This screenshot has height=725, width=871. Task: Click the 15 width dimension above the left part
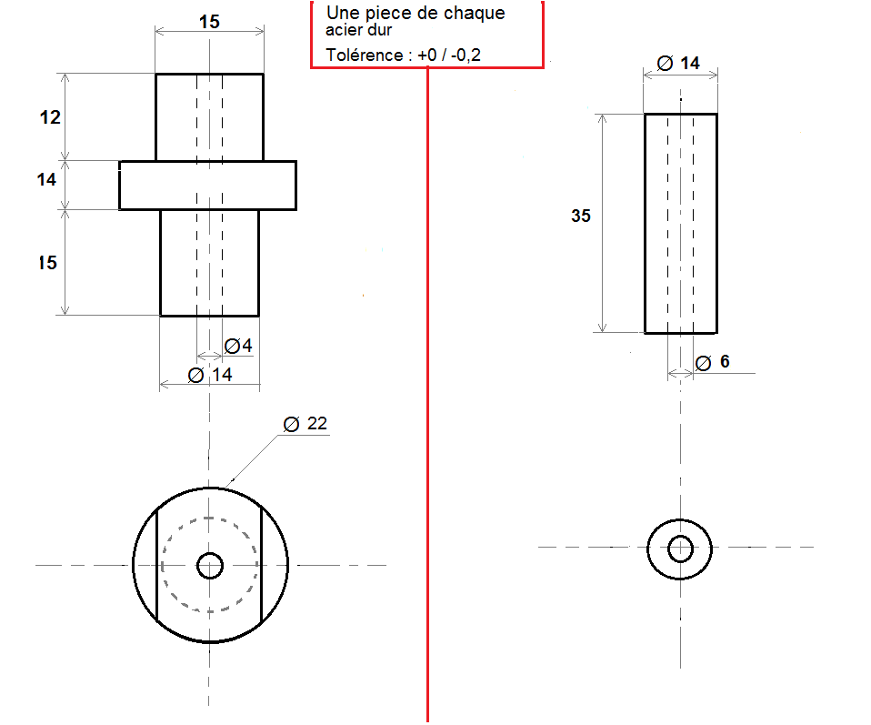[x=209, y=22]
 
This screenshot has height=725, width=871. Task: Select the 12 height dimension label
[x=50, y=117]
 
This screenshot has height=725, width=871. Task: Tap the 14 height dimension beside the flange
[x=46, y=179]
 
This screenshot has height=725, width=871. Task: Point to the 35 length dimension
[x=581, y=216]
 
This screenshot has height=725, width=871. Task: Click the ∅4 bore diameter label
[x=238, y=346]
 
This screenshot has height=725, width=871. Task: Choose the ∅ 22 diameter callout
[x=305, y=424]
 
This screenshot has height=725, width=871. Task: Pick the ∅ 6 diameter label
[x=712, y=362]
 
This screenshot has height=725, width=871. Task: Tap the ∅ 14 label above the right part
[x=678, y=64]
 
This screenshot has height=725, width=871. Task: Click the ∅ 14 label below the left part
[x=210, y=375]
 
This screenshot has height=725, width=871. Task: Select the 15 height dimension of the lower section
[x=48, y=262]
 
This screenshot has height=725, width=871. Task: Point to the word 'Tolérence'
[x=365, y=55]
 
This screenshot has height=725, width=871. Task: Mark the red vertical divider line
[x=427, y=395]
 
